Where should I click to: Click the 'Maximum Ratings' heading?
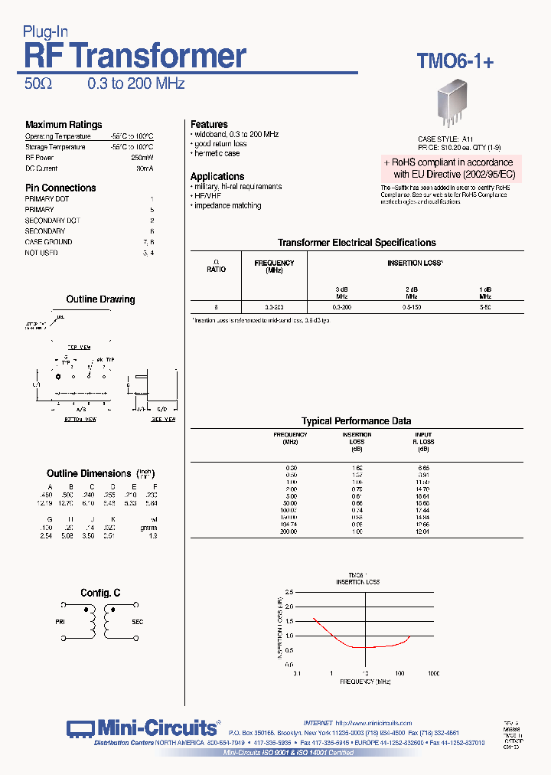tap(64, 125)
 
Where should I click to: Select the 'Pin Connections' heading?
tap(60, 188)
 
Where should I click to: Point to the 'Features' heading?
tap(209, 124)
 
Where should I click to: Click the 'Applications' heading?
tap(217, 176)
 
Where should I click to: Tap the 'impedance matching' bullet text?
tap(227, 206)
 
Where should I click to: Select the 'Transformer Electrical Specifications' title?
tap(357, 243)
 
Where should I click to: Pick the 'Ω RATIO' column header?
tap(216, 267)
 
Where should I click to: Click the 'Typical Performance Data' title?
tap(356, 421)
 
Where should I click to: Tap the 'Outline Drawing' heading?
tap(100, 299)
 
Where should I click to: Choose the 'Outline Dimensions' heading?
tap(89, 473)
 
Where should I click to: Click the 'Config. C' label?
tap(100, 594)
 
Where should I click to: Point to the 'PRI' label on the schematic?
tap(60, 623)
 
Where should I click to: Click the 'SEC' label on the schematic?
tap(138, 623)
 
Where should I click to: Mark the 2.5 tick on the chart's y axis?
tap(288, 593)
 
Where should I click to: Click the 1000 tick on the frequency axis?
tap(433, 673)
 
